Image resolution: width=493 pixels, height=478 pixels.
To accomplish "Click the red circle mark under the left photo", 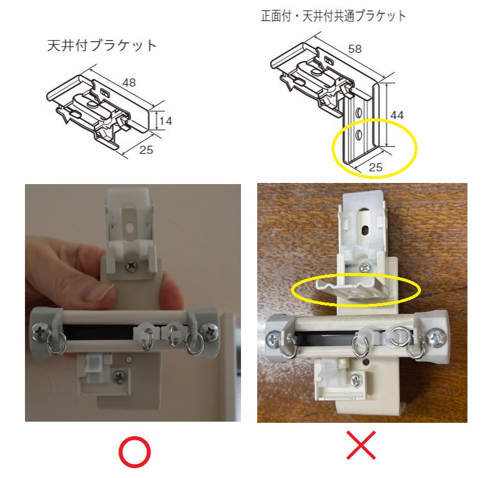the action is point(134,452).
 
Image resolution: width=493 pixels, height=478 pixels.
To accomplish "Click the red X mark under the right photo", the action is point(361,445).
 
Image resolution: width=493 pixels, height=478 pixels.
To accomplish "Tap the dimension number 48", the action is point(129,82).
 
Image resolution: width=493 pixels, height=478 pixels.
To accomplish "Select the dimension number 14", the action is point(165,121).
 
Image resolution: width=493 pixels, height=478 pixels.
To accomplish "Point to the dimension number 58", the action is point(355,49).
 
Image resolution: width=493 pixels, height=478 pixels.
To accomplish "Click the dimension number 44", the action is point(397,115).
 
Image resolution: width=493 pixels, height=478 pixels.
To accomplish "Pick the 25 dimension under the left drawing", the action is point(146,150).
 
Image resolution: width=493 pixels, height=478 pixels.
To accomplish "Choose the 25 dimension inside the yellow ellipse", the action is point(375,167).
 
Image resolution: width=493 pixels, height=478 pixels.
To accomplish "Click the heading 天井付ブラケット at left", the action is point(102,46).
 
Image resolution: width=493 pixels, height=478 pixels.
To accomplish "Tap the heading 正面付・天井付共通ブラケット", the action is point(333,16).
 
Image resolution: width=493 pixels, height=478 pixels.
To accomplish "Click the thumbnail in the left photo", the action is point(98,292).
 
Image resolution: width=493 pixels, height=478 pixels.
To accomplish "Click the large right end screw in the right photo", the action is point(437,339).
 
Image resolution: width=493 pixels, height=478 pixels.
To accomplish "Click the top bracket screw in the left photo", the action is point(131,267).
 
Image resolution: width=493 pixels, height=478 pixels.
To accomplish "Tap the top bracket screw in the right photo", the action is point(365,268).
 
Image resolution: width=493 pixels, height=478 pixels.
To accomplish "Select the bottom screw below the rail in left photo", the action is point(119,376).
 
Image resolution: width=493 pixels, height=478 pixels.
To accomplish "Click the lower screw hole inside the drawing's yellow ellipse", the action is point(358,135).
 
